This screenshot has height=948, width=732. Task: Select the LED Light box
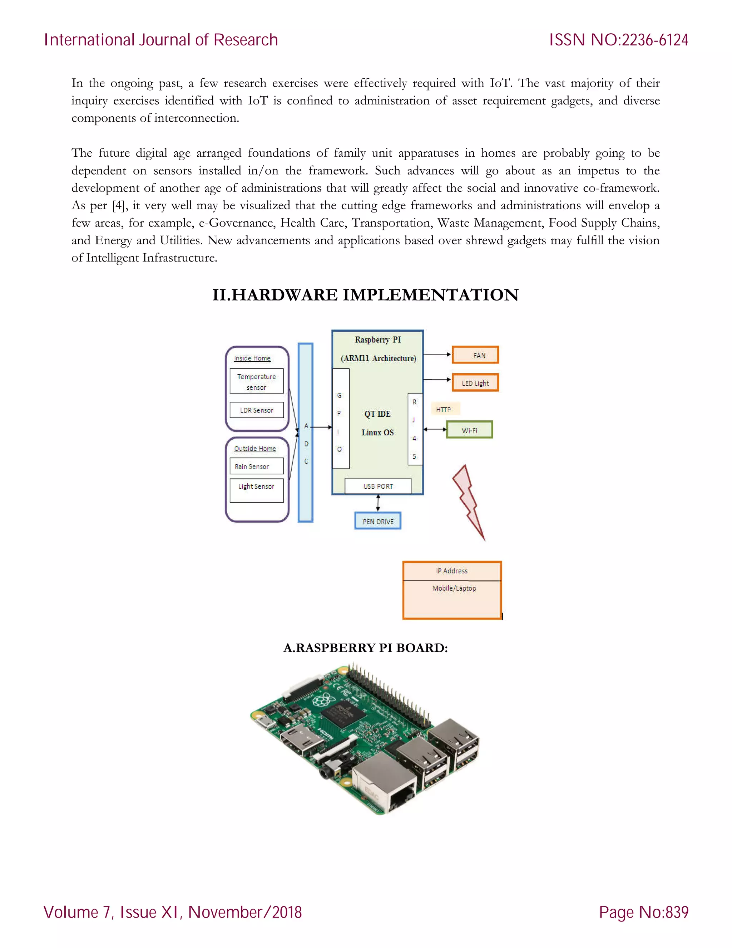(475, 383)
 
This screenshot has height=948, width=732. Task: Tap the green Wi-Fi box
(469, 430)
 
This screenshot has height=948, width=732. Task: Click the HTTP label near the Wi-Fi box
(444, 409)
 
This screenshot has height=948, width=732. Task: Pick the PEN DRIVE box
(378, 521)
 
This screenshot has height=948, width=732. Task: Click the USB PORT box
(378, 486)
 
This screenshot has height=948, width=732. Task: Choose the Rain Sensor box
(256, 466)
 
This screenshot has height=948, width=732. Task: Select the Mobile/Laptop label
(454, 588)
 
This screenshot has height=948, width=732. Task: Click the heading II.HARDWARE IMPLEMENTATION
(365, 295)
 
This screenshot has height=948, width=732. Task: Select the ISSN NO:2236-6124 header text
(618, 40)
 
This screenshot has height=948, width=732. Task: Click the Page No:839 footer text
(643, 912)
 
